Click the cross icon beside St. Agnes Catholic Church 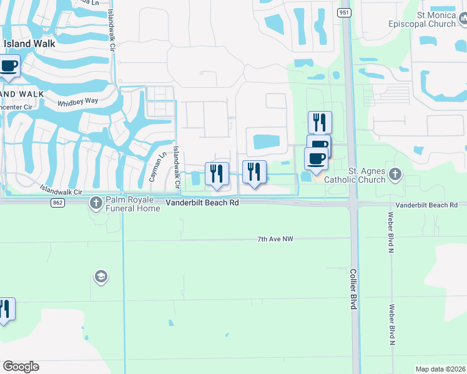tap(395, 174)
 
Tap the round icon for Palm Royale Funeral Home tap(96, 203)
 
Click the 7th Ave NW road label tap(275, 239)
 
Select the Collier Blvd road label tap(353, 289)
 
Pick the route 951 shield tap(345, 12)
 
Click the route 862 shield tap(58, 203)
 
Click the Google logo tap(21, 367)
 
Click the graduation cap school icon tap(101, 276)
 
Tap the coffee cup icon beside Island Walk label tap(9, 65)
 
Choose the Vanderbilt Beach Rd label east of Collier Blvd tap(426, 205)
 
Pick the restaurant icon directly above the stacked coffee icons tap(320, 121)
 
